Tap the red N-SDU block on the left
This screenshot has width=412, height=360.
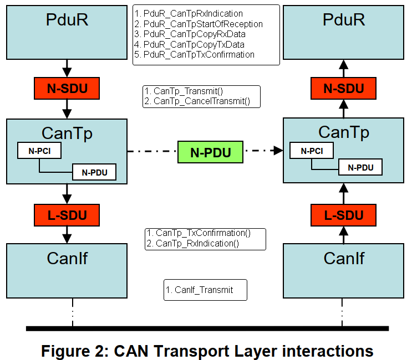(67, 88)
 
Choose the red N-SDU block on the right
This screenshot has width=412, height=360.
(343, 88)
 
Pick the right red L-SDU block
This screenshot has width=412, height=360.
(343, 215)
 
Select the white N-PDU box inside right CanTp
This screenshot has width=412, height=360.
(360, 167)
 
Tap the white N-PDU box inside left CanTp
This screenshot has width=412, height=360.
(94, 172)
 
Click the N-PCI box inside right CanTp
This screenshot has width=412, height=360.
(312, 150)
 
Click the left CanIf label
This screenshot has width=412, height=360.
(67, 258)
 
